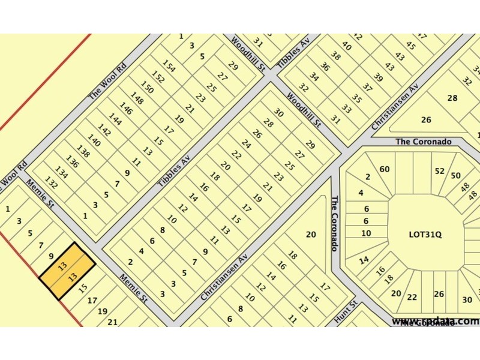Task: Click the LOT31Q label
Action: (x=425, y=235)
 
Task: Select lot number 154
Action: (x=169, y=67)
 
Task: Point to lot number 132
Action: (x=52, y=184)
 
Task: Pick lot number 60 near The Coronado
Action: (x=385, y=169)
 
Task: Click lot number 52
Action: (x=440, y=171)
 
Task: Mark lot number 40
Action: (x=346, y=46)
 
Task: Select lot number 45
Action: (x=410, y=45)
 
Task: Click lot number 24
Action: (x=246, y=144)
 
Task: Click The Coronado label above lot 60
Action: (x=423, y=142)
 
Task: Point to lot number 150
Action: (x=148, y=88)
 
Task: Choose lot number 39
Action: (x=378, y=77)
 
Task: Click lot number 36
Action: (x=325, y=67)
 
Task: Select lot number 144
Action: (x=115, y=120)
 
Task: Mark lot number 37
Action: (x=367, y=88)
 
